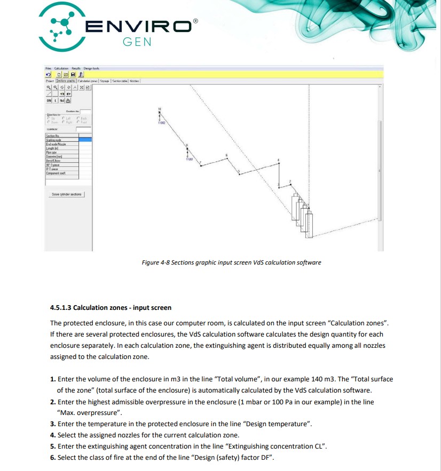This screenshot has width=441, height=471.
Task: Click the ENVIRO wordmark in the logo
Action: [138, 26]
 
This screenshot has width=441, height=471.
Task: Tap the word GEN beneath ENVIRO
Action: [137, 42]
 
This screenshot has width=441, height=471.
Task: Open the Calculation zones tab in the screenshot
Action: [88, 81]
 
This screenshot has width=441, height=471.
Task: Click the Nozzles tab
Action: [134, 81]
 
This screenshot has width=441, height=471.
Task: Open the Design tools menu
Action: [91, 69]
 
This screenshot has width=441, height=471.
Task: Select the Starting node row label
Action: [54, 140]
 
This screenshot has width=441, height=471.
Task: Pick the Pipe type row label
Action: [51, 152]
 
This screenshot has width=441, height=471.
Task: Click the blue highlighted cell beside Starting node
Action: [85, 140]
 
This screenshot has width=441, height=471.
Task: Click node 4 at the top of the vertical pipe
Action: [279, 161]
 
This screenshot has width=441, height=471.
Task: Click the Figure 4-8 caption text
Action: [231, 262]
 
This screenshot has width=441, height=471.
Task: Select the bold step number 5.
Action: [53, 445]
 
